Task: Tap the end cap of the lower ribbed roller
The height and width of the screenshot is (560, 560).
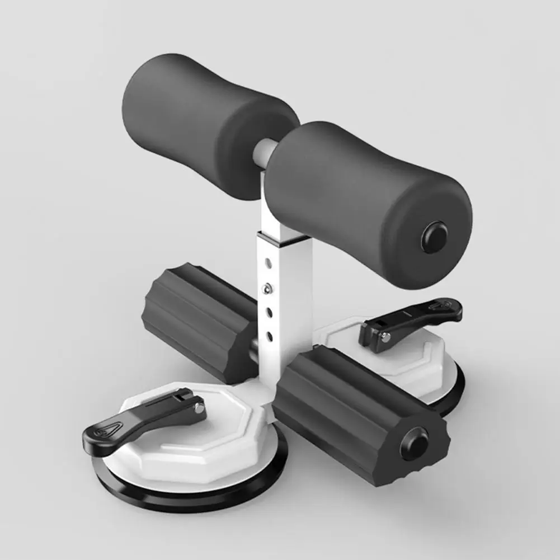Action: tap(415, 443)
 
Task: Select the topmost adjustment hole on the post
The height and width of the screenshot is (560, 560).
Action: tap(267, 261)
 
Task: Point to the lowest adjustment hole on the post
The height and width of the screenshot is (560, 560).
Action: tap(269, 336)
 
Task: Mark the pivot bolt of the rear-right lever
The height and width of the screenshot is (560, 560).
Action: tap(386, 337)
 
